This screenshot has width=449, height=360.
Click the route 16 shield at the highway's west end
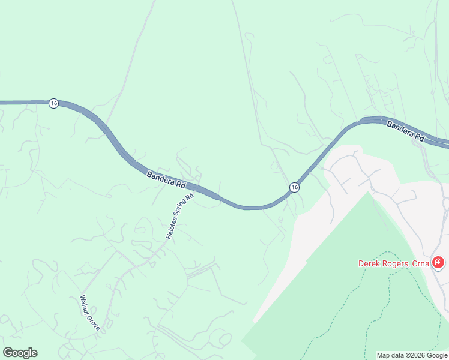click(x=53, y=103)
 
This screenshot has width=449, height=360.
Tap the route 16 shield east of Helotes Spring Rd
click(x=294, y=188)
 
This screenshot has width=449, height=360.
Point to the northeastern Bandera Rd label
click(x=405, y=131)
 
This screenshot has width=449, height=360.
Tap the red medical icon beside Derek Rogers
click(x=438, y=263)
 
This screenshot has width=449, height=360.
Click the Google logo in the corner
click(x=20, y=353)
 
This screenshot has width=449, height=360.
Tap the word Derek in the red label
click(x=370, y=263)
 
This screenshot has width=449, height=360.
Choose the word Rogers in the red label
click(x=398, y=263)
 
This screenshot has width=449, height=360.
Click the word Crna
click(x=423, y=263)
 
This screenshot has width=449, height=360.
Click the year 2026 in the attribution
click(x=417, y=355)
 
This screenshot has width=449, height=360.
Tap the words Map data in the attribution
click(x=390, y=355)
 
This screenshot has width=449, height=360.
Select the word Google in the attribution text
click(x=438, y=355)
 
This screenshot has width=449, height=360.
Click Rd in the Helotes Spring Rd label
click(x=190, y=196)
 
